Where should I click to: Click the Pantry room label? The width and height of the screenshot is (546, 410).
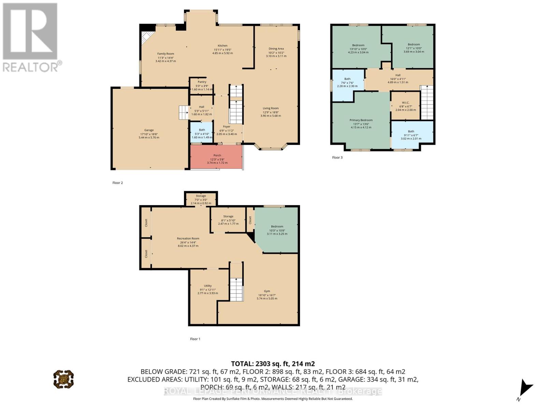click(202, 82)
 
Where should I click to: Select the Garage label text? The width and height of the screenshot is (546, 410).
click(149, 130)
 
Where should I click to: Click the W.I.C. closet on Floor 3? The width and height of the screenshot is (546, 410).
click(405, 106)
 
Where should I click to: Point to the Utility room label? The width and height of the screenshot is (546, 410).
click(208, 286)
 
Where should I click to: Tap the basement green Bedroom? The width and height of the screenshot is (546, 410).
click(277, 230)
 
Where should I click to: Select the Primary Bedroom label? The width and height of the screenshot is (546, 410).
click(361, 120)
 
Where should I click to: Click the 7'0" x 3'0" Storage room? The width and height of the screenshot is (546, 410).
click(201, 199)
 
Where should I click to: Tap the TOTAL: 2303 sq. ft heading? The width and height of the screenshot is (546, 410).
click(273, 364)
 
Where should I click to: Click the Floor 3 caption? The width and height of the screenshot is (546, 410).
click(337, 158)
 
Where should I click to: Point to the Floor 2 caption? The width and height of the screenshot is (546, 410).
click(117, 183)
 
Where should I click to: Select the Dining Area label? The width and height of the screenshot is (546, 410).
click(276, 49)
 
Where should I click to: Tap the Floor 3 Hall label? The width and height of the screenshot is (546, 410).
click(398, 75)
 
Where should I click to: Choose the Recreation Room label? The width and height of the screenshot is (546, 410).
click(188, 238)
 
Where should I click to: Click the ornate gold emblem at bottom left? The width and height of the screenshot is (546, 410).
click(63, 379)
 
